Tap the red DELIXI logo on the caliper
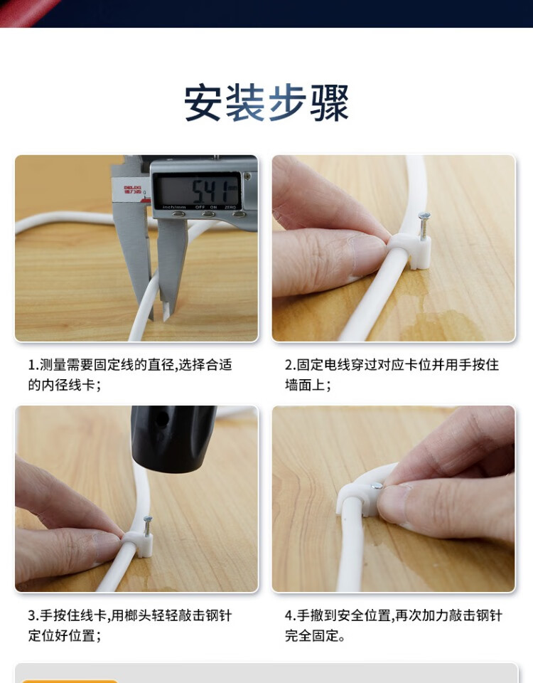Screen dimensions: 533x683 point(132,190)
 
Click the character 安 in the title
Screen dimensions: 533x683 point(202,102)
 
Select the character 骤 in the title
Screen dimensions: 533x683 point(329,102)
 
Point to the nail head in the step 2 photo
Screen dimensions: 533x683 point(424,215)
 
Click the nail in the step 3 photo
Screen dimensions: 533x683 point(148,526)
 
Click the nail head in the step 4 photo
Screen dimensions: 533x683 point(377,485)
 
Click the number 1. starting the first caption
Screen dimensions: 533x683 point(33,364)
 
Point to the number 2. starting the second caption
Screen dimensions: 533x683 point(291,364)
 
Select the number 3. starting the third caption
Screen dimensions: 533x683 point(34,615)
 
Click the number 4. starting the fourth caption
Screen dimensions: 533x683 point(291,615)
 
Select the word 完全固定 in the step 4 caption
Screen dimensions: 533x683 point(311,635)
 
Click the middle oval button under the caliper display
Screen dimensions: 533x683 point(209,214)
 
